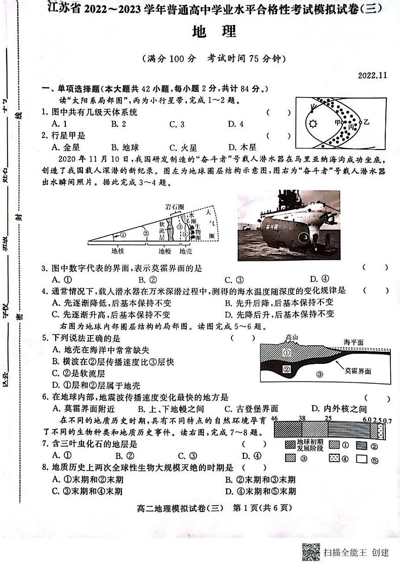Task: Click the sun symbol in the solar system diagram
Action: (312, 124)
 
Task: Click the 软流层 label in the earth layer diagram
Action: (162, 230)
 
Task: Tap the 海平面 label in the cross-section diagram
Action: (353, 342)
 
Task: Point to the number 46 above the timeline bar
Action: (275, 418)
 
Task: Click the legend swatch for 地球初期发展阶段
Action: (290, 445)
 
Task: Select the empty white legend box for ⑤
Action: (361, 459)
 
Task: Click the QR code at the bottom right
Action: (311, 551)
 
